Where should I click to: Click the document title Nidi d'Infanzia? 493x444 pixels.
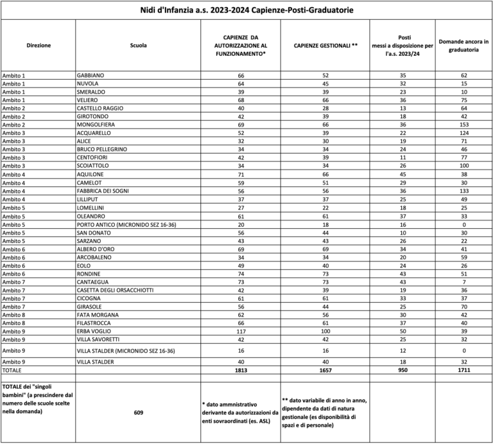tap(246, 11)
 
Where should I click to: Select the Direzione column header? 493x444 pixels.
tap(39, 46)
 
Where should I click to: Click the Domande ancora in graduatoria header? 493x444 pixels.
tap(463, 46)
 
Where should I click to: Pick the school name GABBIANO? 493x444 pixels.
tap(90, 75)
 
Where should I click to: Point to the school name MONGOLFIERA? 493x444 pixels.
tap(96, 125)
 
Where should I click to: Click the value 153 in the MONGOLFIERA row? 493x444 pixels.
tap(463, 125)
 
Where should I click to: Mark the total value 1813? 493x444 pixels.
tap(241, 371)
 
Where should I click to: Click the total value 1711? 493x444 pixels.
tap(463, 371)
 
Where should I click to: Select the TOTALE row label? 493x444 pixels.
tap(12, 371)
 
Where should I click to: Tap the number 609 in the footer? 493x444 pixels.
tap(138, 413)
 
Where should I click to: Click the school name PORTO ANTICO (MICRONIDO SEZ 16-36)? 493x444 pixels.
tap(126, 224)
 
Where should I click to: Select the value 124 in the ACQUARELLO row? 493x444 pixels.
tap(463, 133)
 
